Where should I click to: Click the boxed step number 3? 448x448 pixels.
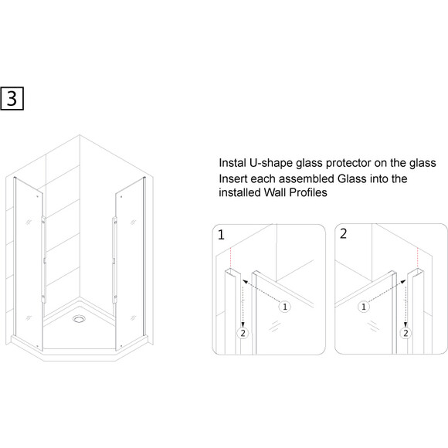coord(12,99)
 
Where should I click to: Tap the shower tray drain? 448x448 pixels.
coord(78,318)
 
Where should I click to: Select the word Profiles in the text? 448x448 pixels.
coord(308,192)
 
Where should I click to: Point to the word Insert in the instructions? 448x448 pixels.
coord(232,179)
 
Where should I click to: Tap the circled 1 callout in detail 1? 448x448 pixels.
coord(284,307)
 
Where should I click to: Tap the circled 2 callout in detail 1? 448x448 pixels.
coord(243,333)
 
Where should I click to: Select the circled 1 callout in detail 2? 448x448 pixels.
coord(364,307)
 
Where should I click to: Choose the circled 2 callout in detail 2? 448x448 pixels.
coord(406,333)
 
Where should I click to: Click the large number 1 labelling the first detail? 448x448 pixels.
coord(221,235)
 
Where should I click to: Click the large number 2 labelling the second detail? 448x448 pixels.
coord(344,234)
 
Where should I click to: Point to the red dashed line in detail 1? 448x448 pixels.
coord(230,258)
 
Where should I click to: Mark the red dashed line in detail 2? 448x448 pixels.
coord(418,258)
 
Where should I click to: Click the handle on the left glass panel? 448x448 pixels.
coord(43,260)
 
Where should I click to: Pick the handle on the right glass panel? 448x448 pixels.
coord(114,260)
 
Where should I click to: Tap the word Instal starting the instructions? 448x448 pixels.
coord(232,163)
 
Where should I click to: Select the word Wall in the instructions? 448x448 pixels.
coord(275,192)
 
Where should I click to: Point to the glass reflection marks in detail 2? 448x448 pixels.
coord(372,326)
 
